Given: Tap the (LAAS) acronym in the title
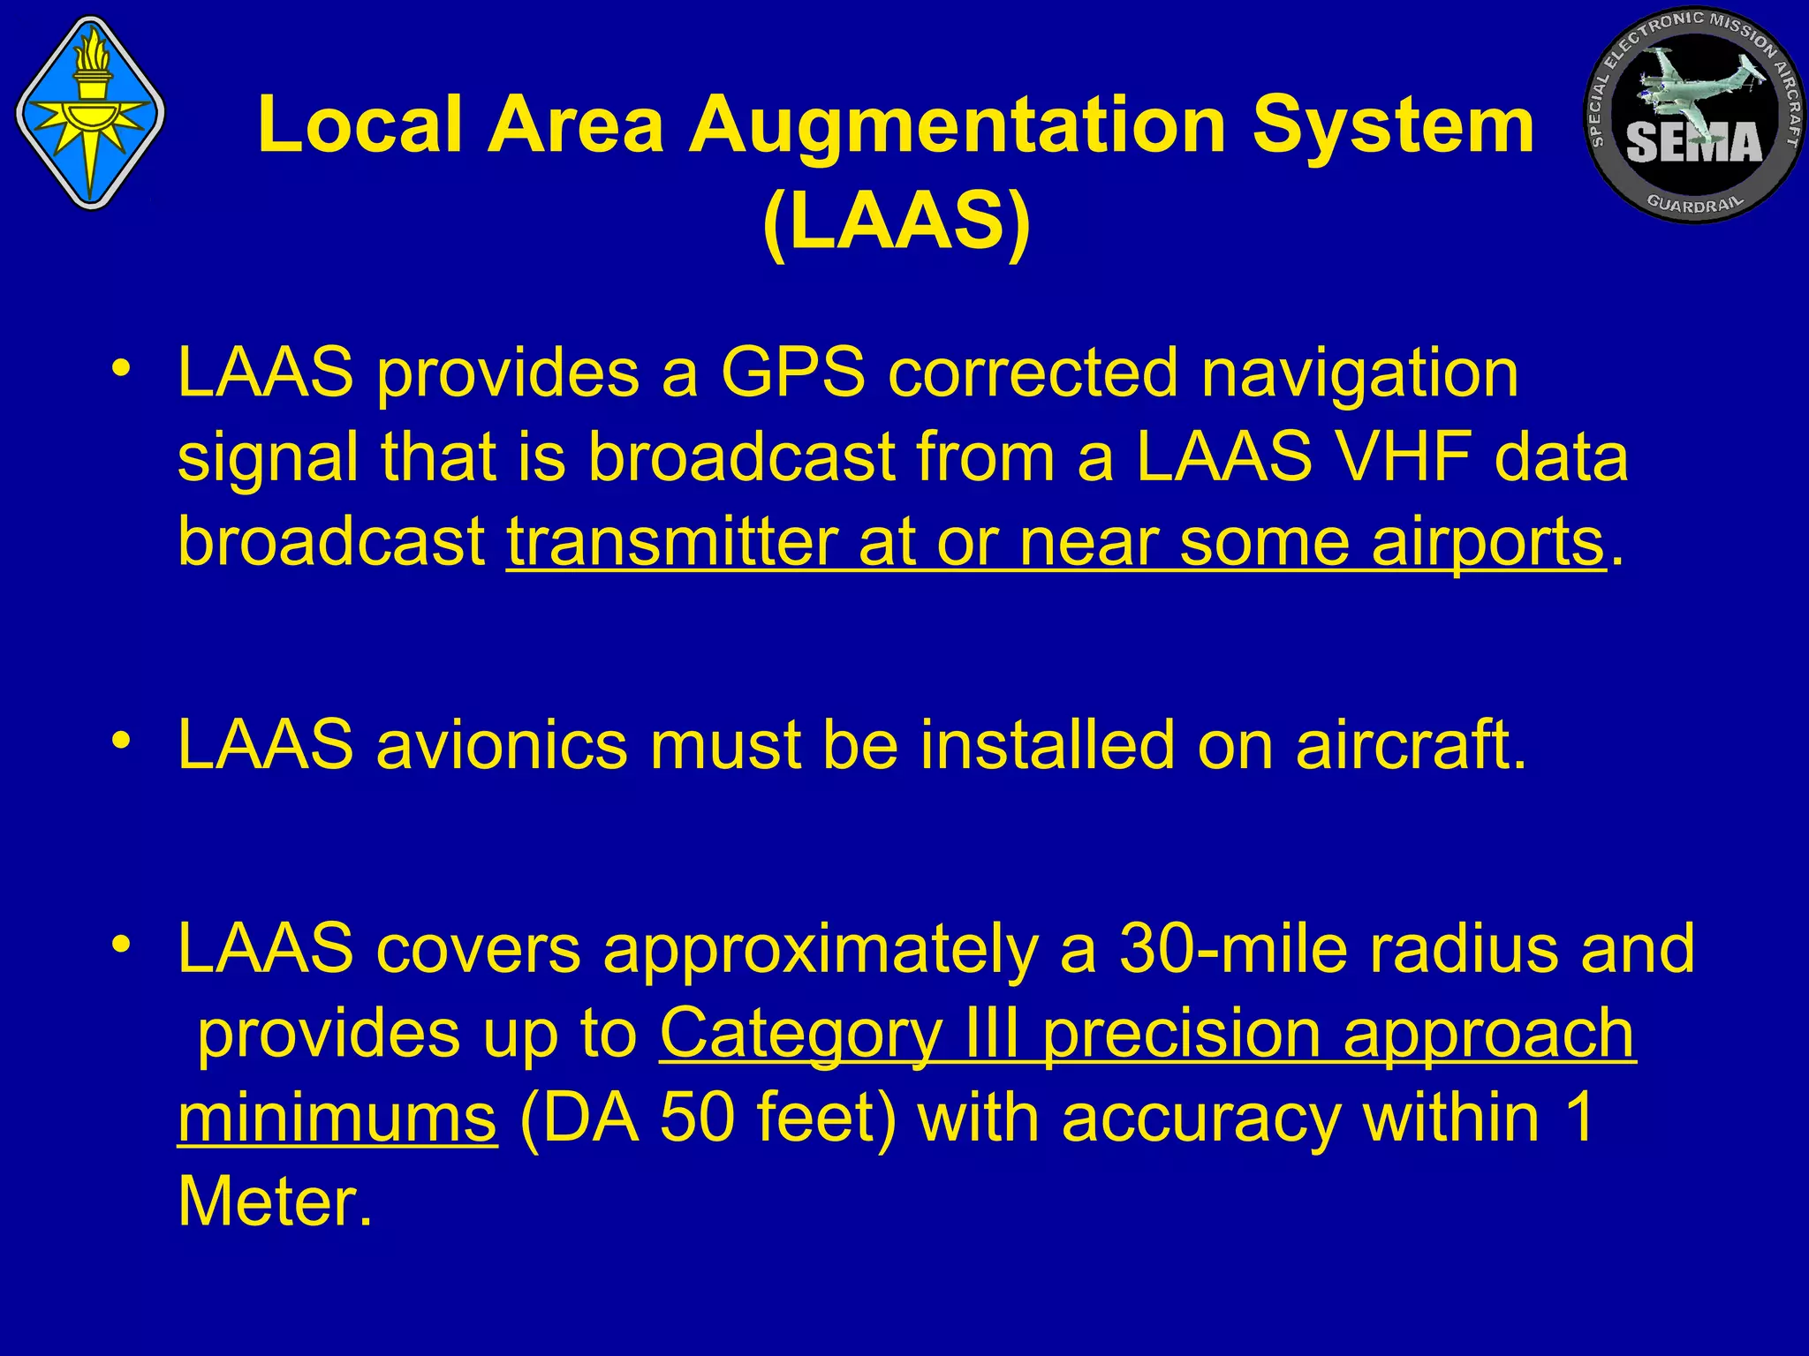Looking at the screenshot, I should coord(897,222).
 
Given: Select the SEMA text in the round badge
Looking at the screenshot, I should coord(1693,142).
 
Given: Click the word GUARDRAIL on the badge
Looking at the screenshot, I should coord(1695,204).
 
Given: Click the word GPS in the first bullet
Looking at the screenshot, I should coord(792,373).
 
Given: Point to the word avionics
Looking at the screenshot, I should coord(501,745).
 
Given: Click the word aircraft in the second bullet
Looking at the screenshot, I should coord(1411,745).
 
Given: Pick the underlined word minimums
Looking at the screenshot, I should coord(337,1119).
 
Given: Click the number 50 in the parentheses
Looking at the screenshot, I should coord(697,1119).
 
